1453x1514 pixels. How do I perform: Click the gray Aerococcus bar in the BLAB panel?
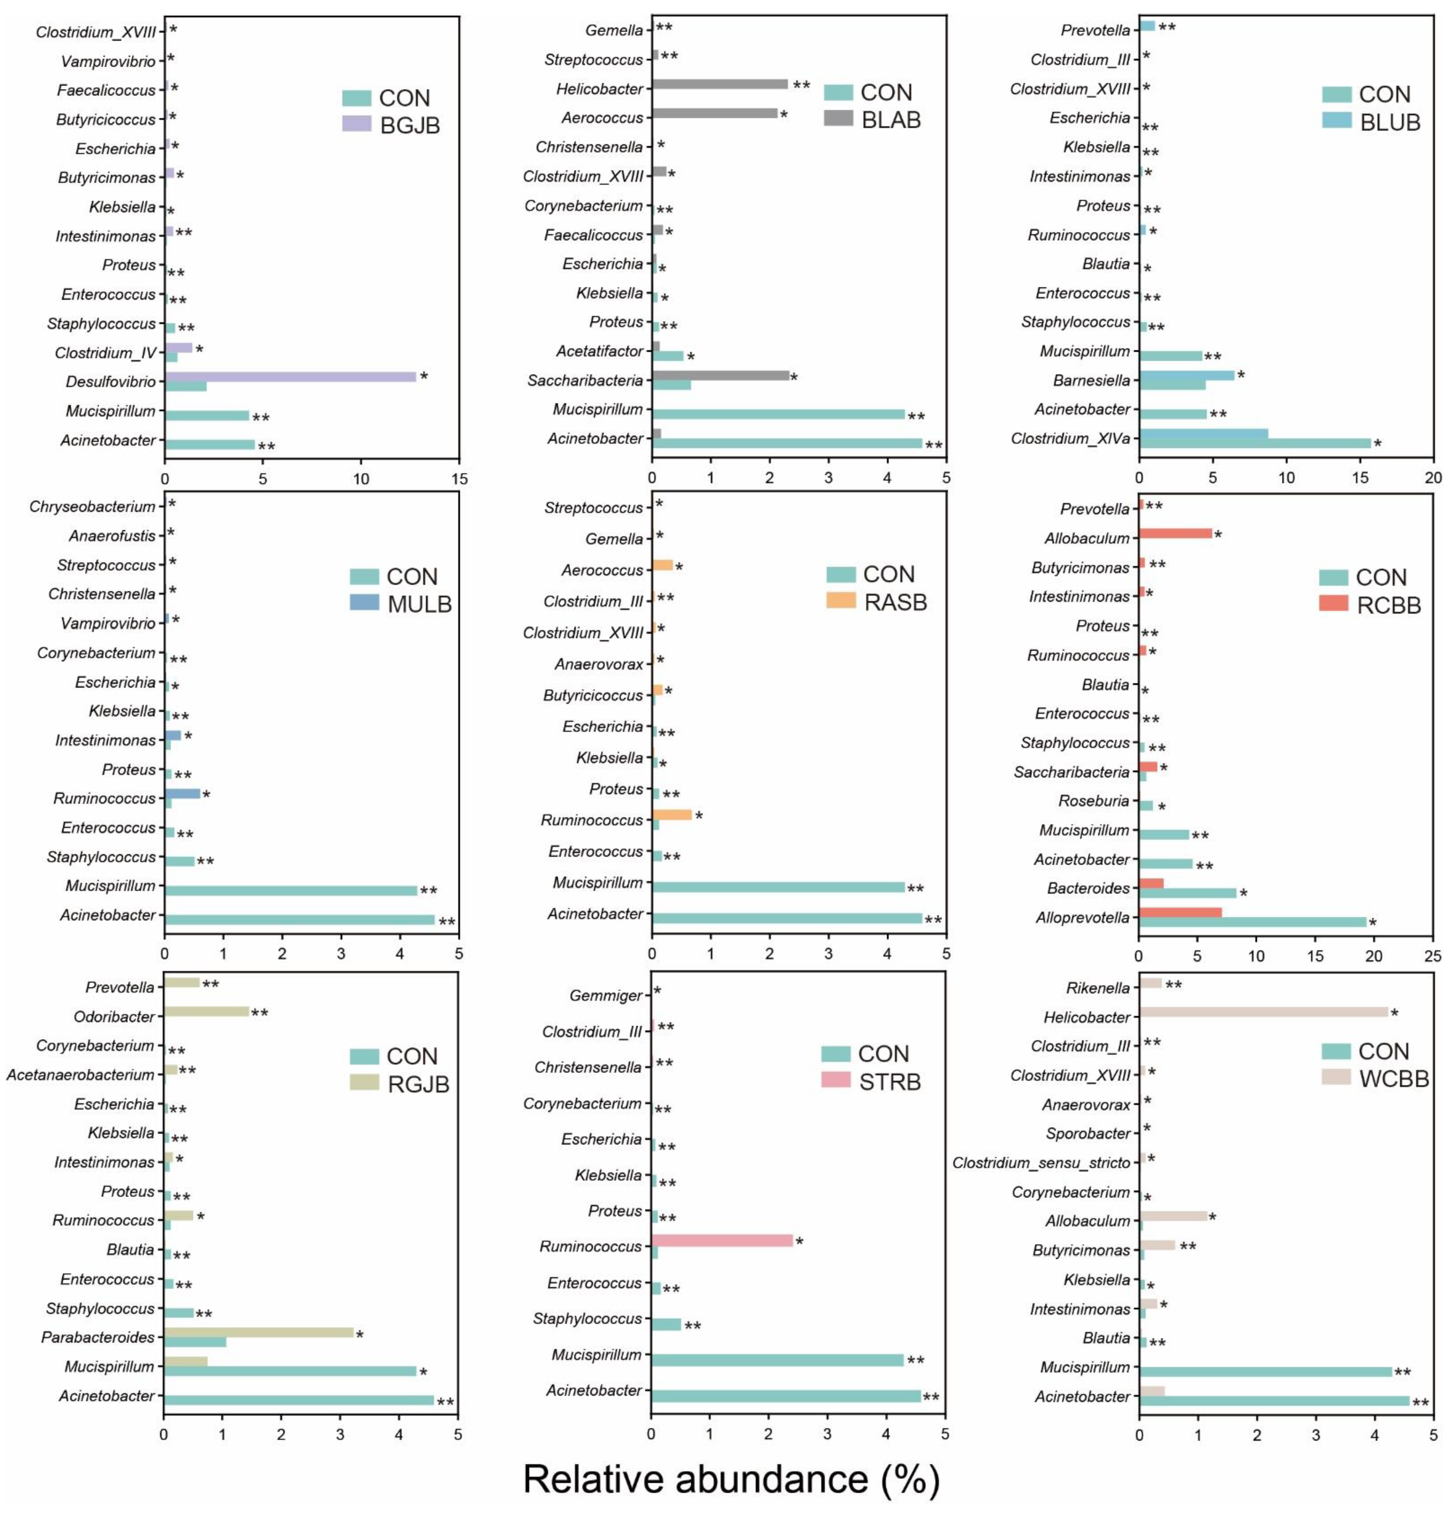tap(714, 113)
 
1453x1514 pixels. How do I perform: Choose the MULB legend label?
tap(419, 604)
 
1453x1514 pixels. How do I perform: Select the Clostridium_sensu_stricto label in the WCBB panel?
tap(1041, 1162)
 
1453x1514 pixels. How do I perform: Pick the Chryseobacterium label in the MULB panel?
tap(92, 507)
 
